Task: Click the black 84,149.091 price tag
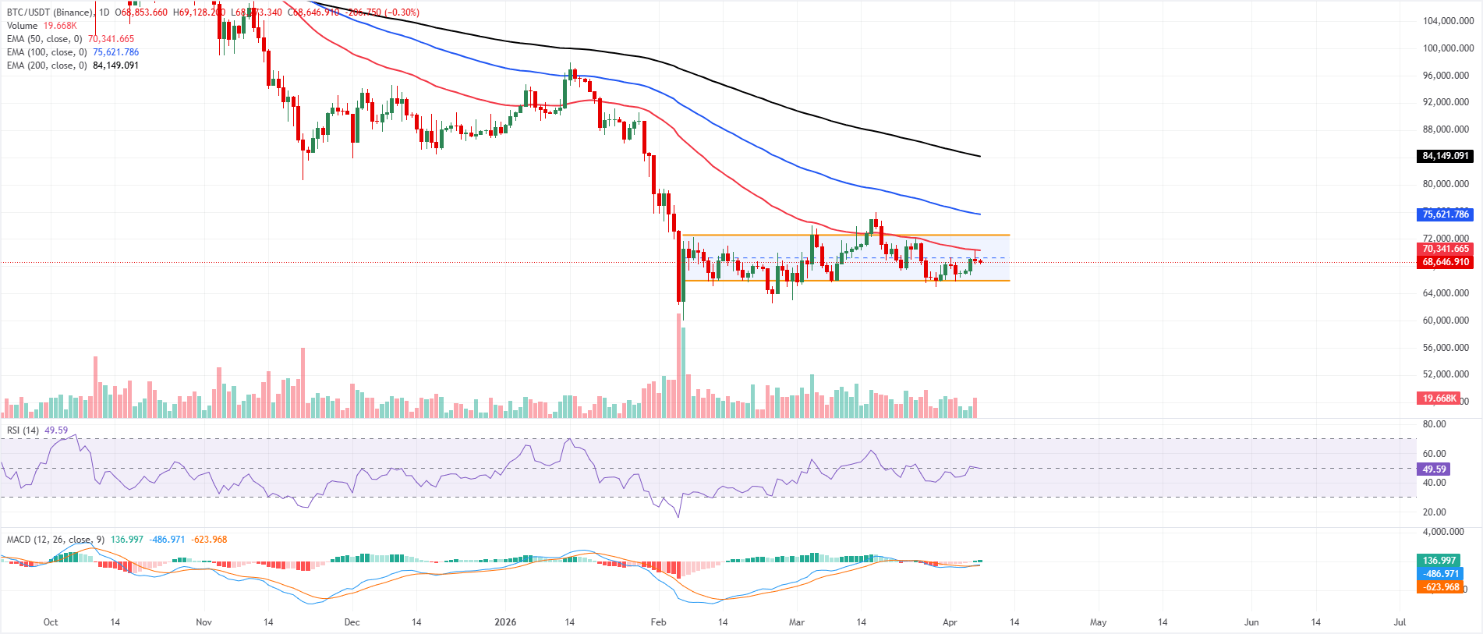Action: [1444, 156]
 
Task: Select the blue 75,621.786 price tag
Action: [1444, 214]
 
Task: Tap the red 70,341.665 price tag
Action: [1444, 249]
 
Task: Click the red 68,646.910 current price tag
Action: [1444, 262]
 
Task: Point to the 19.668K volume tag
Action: [1438, 398]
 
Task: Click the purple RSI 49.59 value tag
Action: [1434, 469]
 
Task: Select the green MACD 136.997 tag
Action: [1439, 561]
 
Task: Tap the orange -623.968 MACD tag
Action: [1439, 587]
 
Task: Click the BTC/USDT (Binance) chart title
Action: [49, 12]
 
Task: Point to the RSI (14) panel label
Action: [23, 430]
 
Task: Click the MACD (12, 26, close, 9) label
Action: [55, 540]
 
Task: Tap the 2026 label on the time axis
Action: [505, 622]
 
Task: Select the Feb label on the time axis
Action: [658, 622]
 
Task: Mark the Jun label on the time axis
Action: [1251, 622]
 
